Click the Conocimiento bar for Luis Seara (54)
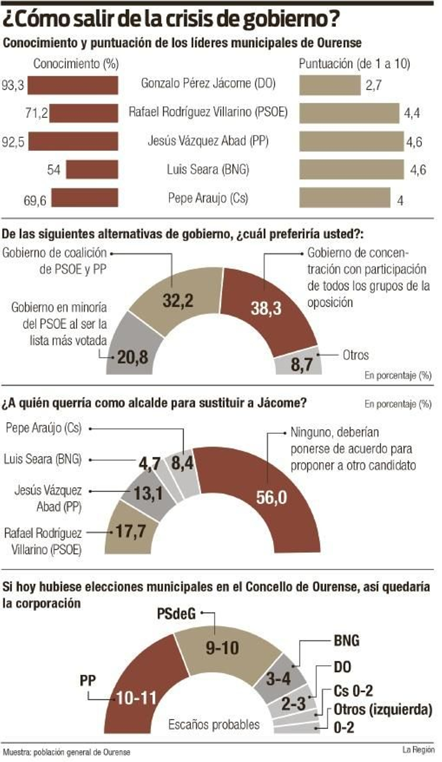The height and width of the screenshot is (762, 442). coord(92,169)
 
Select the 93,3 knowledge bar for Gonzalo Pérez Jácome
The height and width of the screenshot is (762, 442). coord(73,85)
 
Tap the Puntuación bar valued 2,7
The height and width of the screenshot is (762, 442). coord(330,85)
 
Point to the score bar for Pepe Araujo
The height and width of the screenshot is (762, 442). coord(344,198)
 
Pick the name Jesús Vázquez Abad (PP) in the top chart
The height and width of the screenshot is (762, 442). coord(208,141)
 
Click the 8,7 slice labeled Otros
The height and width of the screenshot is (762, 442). coord(301,364)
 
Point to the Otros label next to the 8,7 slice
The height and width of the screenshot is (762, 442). coord(356,355)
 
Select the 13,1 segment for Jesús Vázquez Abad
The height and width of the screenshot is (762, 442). coord(148,493)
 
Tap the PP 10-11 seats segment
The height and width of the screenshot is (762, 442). coord(136,698)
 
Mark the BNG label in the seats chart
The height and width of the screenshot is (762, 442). coord(346,641)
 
